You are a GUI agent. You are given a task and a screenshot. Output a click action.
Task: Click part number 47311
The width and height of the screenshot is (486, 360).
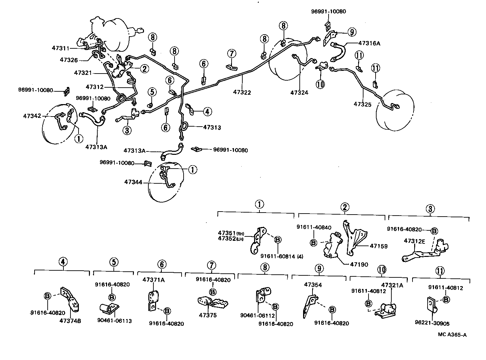[60, 48]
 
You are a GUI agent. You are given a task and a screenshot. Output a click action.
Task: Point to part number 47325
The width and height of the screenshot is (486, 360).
[362, 104]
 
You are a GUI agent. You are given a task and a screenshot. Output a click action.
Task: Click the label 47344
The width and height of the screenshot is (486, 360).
[133, 182]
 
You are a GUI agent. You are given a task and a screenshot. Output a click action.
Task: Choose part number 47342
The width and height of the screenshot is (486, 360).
[32, 116]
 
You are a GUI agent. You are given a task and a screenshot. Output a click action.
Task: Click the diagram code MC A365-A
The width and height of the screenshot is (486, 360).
[452, 334]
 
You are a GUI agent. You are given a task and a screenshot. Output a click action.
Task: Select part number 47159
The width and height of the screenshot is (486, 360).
[379, 246]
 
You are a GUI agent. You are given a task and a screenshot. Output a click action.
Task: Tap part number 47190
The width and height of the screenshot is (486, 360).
[359, 264]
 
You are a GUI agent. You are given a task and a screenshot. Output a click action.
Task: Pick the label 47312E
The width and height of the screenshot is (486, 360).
[415, 241]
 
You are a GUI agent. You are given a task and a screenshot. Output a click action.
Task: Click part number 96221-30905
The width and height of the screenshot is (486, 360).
[432, 323]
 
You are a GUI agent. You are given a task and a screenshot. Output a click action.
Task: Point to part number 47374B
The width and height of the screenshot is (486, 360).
[70, 321]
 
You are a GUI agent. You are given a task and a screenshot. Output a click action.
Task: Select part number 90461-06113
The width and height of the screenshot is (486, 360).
[114, 321]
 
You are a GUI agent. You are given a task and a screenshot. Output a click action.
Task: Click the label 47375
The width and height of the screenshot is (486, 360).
[208, 315]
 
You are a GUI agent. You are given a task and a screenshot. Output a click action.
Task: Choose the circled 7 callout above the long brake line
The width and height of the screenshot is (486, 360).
[232, 54]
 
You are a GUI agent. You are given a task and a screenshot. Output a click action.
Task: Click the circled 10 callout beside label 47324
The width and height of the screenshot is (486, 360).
[321, 84]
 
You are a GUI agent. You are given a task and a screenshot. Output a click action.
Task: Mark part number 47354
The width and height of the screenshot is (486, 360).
[313, 285]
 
